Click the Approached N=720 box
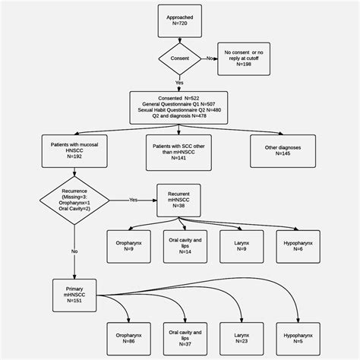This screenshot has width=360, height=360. point(179,20)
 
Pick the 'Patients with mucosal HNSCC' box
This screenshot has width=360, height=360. point(74,149)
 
